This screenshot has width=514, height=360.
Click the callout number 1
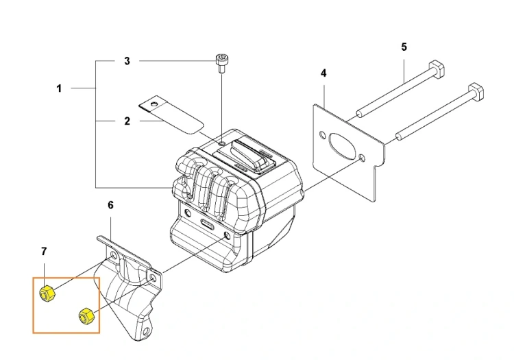[59, 88]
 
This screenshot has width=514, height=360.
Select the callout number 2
[127, 121]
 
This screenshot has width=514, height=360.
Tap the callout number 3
[127, 61]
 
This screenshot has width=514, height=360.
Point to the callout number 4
[323, 73]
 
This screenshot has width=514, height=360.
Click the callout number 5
[404, 47]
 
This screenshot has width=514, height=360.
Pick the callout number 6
[110, 205]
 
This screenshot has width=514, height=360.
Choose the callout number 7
[44, 252]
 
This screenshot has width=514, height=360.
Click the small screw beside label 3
[221, 64]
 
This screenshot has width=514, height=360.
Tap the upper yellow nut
[47, 293]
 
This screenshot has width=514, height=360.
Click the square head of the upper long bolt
[437, 69]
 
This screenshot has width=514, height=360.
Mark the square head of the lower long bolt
[477, 93]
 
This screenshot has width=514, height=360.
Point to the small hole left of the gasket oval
[323, 135]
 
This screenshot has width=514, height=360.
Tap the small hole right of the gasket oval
[362, 158]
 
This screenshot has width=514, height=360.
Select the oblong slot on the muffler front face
[207, 224]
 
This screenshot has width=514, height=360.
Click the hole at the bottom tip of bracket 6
[145, 331]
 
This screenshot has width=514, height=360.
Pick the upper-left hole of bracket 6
[113, 255]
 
